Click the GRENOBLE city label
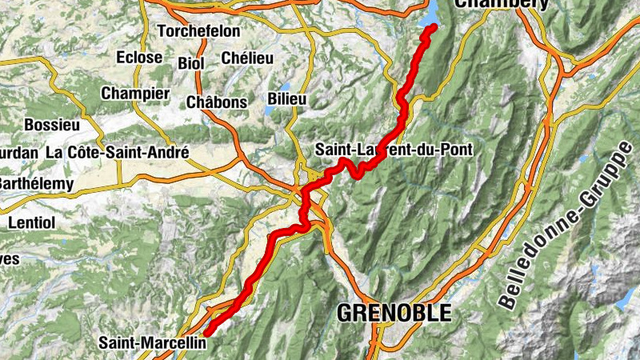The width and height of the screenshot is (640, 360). coord(394,313)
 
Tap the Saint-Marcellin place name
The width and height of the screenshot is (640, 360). coord(152,343)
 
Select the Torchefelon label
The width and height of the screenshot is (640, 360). coord(199,31)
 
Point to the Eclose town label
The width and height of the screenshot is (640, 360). coord(139,58)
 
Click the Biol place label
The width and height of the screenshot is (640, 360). coord(191,62)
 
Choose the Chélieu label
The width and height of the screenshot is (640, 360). coord(247,58)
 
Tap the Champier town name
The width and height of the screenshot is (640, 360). coord(135,93)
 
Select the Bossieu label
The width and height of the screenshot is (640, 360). coord(52,125)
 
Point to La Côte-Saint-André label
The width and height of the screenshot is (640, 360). coord(117,152)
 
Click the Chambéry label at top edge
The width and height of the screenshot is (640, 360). coord(502,4)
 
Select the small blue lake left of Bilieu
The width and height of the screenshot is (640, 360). coord(270,107)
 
